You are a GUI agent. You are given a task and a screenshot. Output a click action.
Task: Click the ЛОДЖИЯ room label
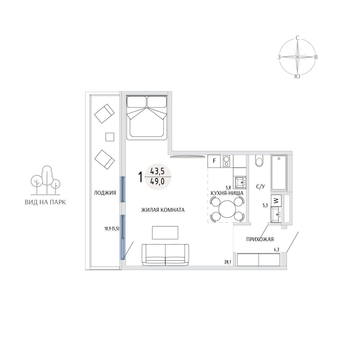point(105,193)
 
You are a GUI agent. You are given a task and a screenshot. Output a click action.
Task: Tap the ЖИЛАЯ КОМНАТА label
point(163,210)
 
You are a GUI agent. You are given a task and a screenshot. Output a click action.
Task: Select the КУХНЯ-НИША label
point(227,193)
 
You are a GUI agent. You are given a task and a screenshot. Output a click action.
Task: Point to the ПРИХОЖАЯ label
point(260,239)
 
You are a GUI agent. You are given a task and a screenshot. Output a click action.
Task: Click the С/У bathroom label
point(261,186)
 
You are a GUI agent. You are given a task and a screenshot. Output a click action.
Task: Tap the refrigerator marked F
point(214,161)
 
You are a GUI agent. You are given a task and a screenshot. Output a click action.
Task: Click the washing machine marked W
point(276,201)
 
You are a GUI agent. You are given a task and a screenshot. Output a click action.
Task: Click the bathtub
point(279,173)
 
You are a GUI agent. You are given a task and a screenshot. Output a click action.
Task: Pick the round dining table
point(227,209)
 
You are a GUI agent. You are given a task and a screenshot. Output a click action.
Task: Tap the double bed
point(147,118)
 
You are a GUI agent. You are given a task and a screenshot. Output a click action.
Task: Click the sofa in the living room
point(165,255)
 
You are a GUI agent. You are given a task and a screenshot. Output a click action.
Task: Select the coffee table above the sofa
point(165,233)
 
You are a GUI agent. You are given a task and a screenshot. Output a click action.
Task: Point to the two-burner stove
point(226,161)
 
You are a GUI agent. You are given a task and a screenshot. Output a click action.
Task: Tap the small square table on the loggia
point(110,137)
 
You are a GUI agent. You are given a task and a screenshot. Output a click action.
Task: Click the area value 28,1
point(228,262)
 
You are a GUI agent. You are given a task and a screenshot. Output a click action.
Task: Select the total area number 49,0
point(158,182)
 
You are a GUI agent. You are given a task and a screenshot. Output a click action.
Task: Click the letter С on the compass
point(297,38)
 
